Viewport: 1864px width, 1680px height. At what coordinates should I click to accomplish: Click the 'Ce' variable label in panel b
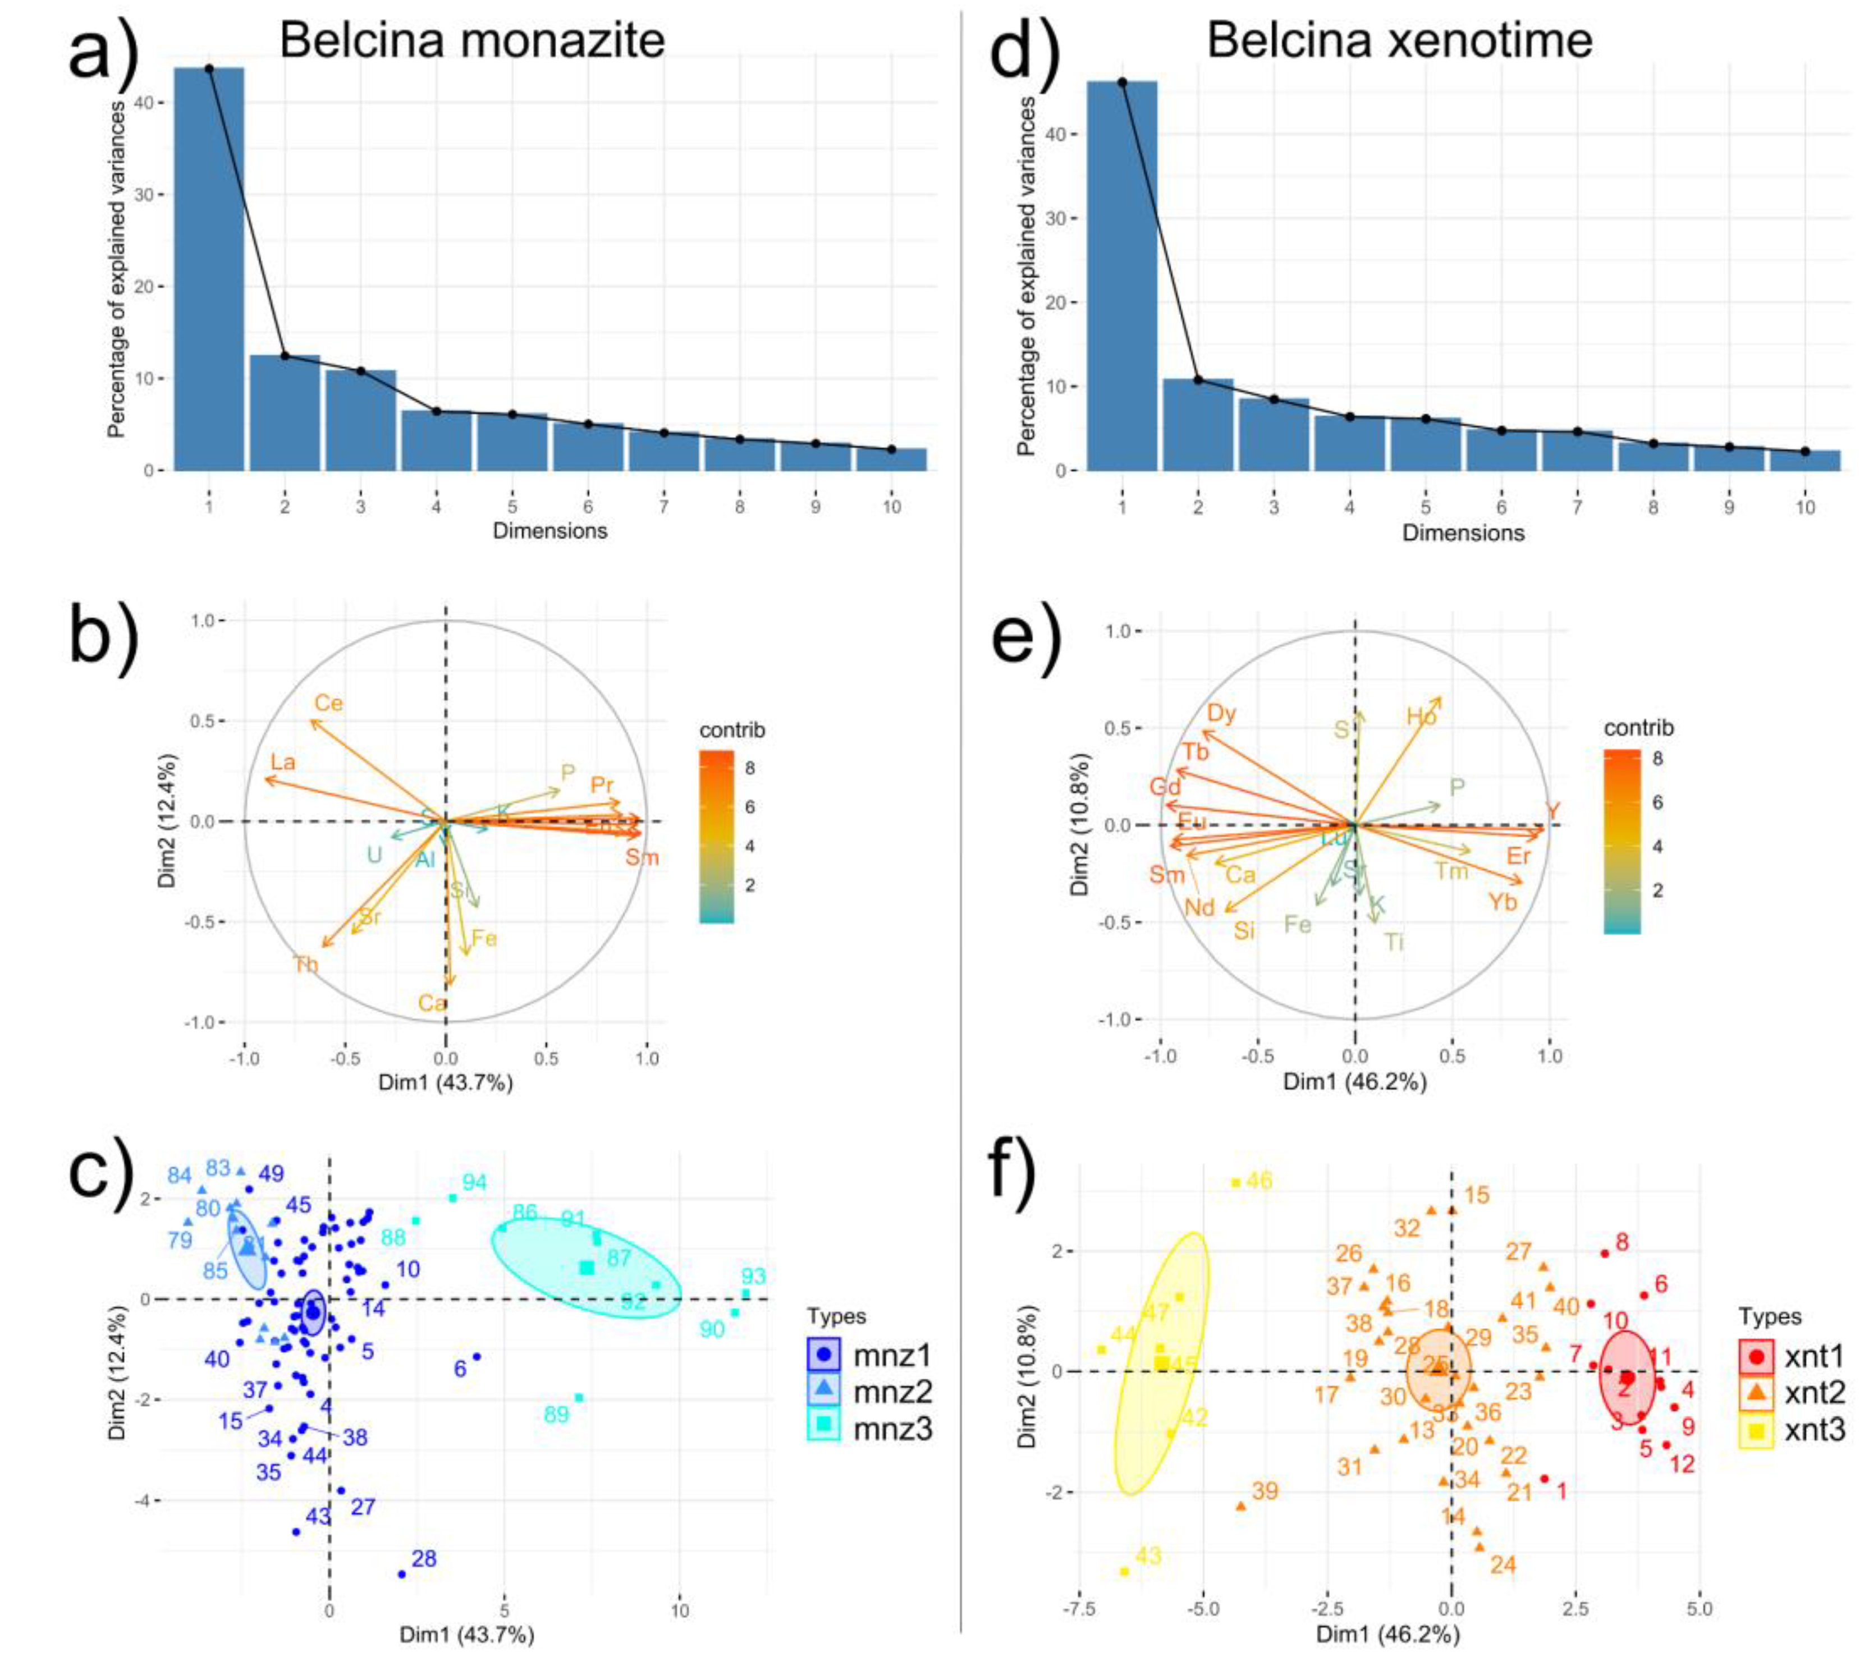click(x=329, y=704)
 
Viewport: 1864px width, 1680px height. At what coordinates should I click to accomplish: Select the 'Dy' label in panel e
click(x=1221, y=714)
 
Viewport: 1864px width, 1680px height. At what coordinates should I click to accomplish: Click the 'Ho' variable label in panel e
click(x=1421, y=717)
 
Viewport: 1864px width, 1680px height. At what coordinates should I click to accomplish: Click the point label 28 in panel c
click(x=424, y=1559)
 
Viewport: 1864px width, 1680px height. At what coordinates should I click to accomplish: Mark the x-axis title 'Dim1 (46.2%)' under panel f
click(x=1387, y=1660)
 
